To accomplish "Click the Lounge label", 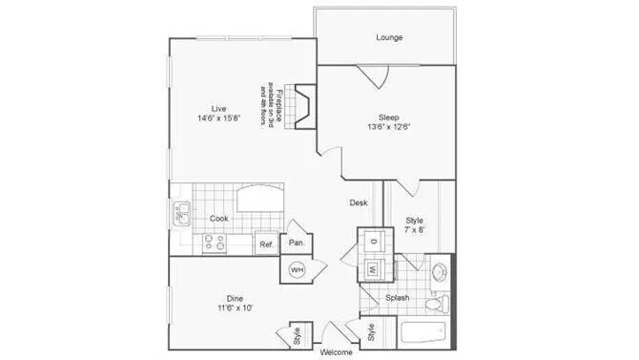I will (x=388, y=38).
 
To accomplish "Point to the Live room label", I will (x=219, y=107).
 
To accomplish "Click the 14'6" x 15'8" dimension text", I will (x=219, y=118).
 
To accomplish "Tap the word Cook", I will (x=219, y=219).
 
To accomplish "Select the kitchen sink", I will (x=180, y=214).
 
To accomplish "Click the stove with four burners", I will (x=214, y=244).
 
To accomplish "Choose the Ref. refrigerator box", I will (x=266, y=244).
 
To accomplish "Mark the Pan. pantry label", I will (x=297, y=244).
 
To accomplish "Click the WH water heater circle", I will (x=296, y=269).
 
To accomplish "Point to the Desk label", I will (x=359, y=202).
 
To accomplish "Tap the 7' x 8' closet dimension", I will (x=414, y=231).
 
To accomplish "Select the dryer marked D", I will (x=372, y=242).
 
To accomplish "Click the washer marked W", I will (x=373, y=269).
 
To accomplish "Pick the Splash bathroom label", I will (x=399, y=298).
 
